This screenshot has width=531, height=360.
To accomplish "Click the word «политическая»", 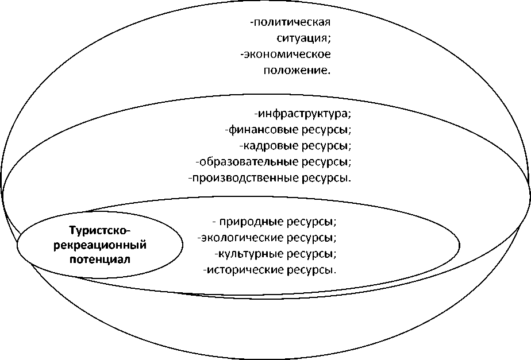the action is click(x=293, y=23).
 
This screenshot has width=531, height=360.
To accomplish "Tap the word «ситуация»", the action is click(x=301, y=39).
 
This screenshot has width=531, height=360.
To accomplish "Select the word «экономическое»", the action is click(x=288, y=55).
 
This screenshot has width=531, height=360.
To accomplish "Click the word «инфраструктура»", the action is click(x=305, y=113).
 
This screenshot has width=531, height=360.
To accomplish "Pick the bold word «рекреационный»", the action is click(x=100, y=245).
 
